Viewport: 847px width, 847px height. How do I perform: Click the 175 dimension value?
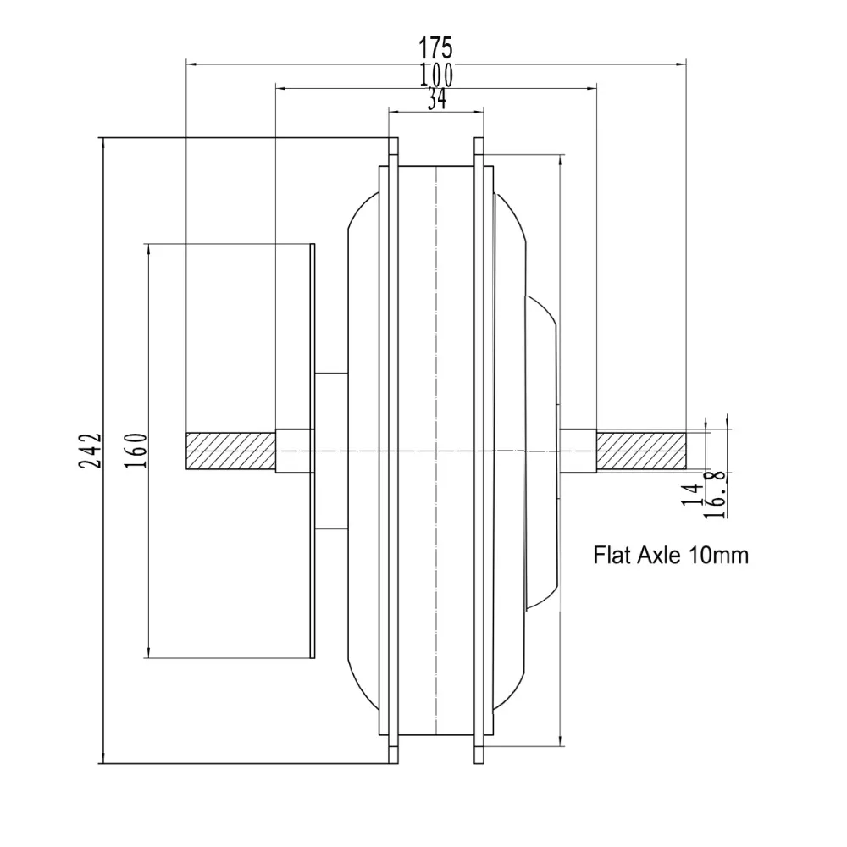click(435, 47)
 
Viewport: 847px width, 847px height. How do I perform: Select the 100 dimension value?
click(435, 75)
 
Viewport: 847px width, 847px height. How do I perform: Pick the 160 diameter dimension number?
click(140, 451)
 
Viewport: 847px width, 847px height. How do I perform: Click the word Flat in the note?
click(611, 556)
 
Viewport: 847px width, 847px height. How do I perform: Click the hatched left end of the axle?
click(230, 451)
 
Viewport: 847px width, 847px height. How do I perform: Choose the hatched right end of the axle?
click(640, 451)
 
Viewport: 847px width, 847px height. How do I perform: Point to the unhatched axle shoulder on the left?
click(295, 451)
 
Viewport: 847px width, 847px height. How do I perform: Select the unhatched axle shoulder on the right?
click(579, 451)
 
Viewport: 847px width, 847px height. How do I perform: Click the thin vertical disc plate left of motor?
click(312, 451)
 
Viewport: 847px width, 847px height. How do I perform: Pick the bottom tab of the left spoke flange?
click(393, 750)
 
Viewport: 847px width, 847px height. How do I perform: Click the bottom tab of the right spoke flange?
click(479, 750)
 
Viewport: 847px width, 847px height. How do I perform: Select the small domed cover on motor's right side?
click(542, 451)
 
